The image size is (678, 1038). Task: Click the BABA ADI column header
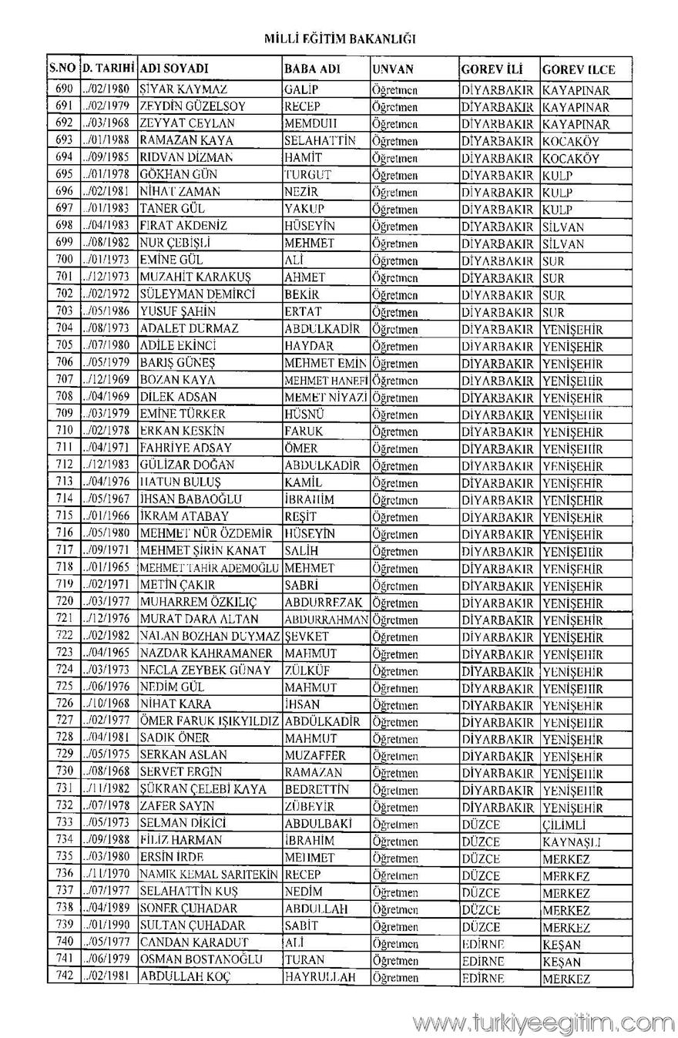point(312,69)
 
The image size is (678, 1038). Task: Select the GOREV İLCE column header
point(578,69)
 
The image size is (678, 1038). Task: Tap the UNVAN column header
point(393,69)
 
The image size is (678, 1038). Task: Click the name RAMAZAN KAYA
point(175,141)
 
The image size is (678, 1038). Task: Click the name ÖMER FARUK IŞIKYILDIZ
point(209,721)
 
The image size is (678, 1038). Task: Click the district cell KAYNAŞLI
point(571,841)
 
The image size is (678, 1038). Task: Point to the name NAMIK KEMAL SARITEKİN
point(209,875)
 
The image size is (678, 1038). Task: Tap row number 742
point(64,977)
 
